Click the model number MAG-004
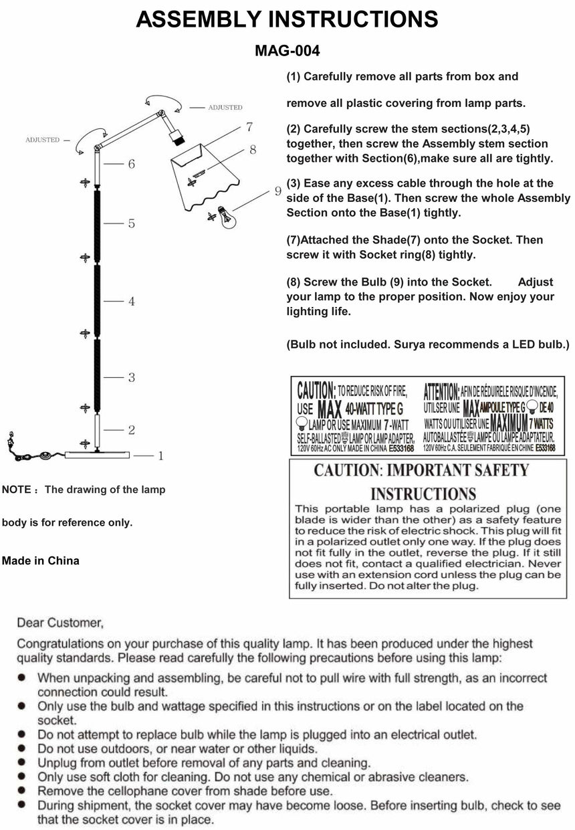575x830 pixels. click(x=287, y=51)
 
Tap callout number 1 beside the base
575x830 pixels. click(x=160, y=456)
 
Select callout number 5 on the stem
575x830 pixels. click(x=132, y=223)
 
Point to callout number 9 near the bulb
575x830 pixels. click(x=277, y=191)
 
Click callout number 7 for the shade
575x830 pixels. click(x=248, y=126)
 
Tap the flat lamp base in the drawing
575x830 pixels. click(x=98, y=455)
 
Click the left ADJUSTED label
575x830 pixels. click(x=42, y=140)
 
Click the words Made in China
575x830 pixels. click(x=41, y=561)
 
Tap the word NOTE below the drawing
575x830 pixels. click(x=17, y=490)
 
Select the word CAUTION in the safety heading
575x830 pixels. click(x=346, y=470)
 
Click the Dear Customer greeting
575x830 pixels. click(x=60, y=623)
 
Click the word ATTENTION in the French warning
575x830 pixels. click(x=441, y=390)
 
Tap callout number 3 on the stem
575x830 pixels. click(x=132, y=378)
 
